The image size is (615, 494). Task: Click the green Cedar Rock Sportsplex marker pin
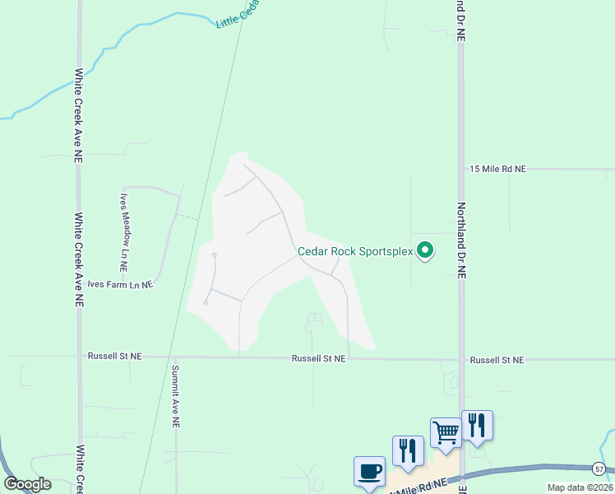pyautogui.click(x=425, y=249)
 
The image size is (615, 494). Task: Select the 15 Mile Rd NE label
pyautogui.click(x=497, y=169)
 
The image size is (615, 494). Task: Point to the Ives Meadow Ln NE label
pyautogui.click(x=125, y=233)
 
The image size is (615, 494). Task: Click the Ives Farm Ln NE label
pyautogui.click(x=120, y=285)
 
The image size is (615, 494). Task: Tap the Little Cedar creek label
pyautogui.click(x=238, y=14)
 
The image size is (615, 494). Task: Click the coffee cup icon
pyautogui.click(x=369, y=472)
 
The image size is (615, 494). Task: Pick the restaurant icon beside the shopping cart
pyautogui.click(x=477, y=425)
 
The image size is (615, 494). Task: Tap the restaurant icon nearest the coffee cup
pyautogui.click(x=408, y=450)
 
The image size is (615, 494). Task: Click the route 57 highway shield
pyautogui.click(x=599, y=468)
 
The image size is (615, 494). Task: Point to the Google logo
pyautogui.click(x=27, y=484)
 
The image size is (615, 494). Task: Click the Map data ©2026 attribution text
pyautogui.click(x=580, y=487)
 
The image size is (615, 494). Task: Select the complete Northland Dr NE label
pyautogui.click(x=461, y=241)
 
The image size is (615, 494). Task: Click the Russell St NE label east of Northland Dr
pyautogui.click(x=497, y=360)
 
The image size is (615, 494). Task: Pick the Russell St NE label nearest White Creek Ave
pyautogui.click(x=114, y=357)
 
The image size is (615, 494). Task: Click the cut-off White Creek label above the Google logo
pyautogui.click(x=80, y=465)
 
